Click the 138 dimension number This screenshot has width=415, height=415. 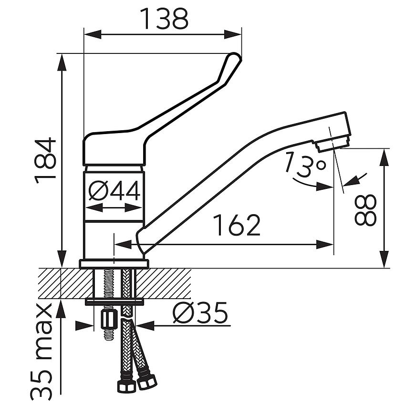(x=164, y=19)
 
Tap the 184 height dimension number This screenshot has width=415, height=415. (x=45, y=161)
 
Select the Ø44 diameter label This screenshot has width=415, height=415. (x=114, y=191)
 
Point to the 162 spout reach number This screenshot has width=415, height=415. (x=237, y=225)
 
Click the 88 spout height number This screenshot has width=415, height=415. (x=365, y=210)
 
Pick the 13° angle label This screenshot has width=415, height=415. (x=305, y=164)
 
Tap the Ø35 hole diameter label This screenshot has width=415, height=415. (x=200, y=313)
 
